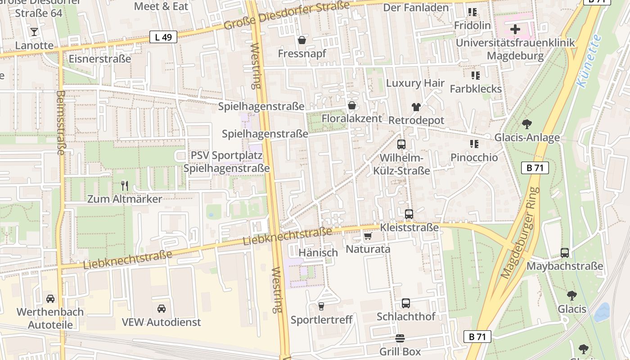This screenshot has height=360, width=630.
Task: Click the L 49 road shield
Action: [163, 37]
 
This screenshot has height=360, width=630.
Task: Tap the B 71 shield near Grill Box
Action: [477, 337]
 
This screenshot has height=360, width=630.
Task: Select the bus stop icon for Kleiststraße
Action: [409, 214]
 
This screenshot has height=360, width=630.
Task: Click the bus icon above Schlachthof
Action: [405, 303]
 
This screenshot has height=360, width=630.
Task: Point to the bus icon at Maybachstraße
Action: [564, 253]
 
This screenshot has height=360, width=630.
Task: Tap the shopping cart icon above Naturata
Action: [368, 236]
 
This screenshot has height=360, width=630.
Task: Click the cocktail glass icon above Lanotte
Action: [34, 32]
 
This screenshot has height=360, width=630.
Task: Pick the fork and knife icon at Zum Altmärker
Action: [125, 185]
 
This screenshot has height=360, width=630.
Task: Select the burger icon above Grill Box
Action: [400, 338]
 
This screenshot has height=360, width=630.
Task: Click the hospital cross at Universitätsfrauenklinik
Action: [515, 30]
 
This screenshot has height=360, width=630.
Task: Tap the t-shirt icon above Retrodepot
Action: [416, 107]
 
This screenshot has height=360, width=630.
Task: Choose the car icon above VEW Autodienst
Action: [161, 309]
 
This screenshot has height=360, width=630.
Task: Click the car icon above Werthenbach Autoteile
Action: [50, 299]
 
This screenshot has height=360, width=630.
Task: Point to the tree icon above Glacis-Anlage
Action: [526, 124]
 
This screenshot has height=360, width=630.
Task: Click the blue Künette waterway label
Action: [589, 61]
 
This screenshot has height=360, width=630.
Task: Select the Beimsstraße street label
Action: [60, 122]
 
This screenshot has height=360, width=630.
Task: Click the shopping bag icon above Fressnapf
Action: [301, 40]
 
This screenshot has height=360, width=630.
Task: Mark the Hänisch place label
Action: [318, 253]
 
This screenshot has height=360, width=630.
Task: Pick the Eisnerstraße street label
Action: [99, 59]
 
